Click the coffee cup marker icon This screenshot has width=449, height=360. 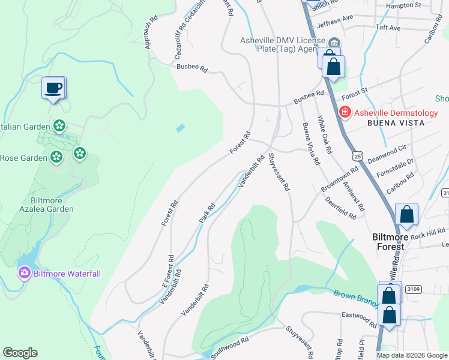point(54,88)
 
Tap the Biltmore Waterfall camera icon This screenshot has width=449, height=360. point(25,273)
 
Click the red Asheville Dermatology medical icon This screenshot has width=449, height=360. point(345,112)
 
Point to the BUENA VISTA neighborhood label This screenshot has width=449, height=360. point(396,123)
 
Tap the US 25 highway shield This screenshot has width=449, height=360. point(358,156)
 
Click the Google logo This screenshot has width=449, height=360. point(20,353)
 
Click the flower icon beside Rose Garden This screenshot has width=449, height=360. point(56,157)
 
